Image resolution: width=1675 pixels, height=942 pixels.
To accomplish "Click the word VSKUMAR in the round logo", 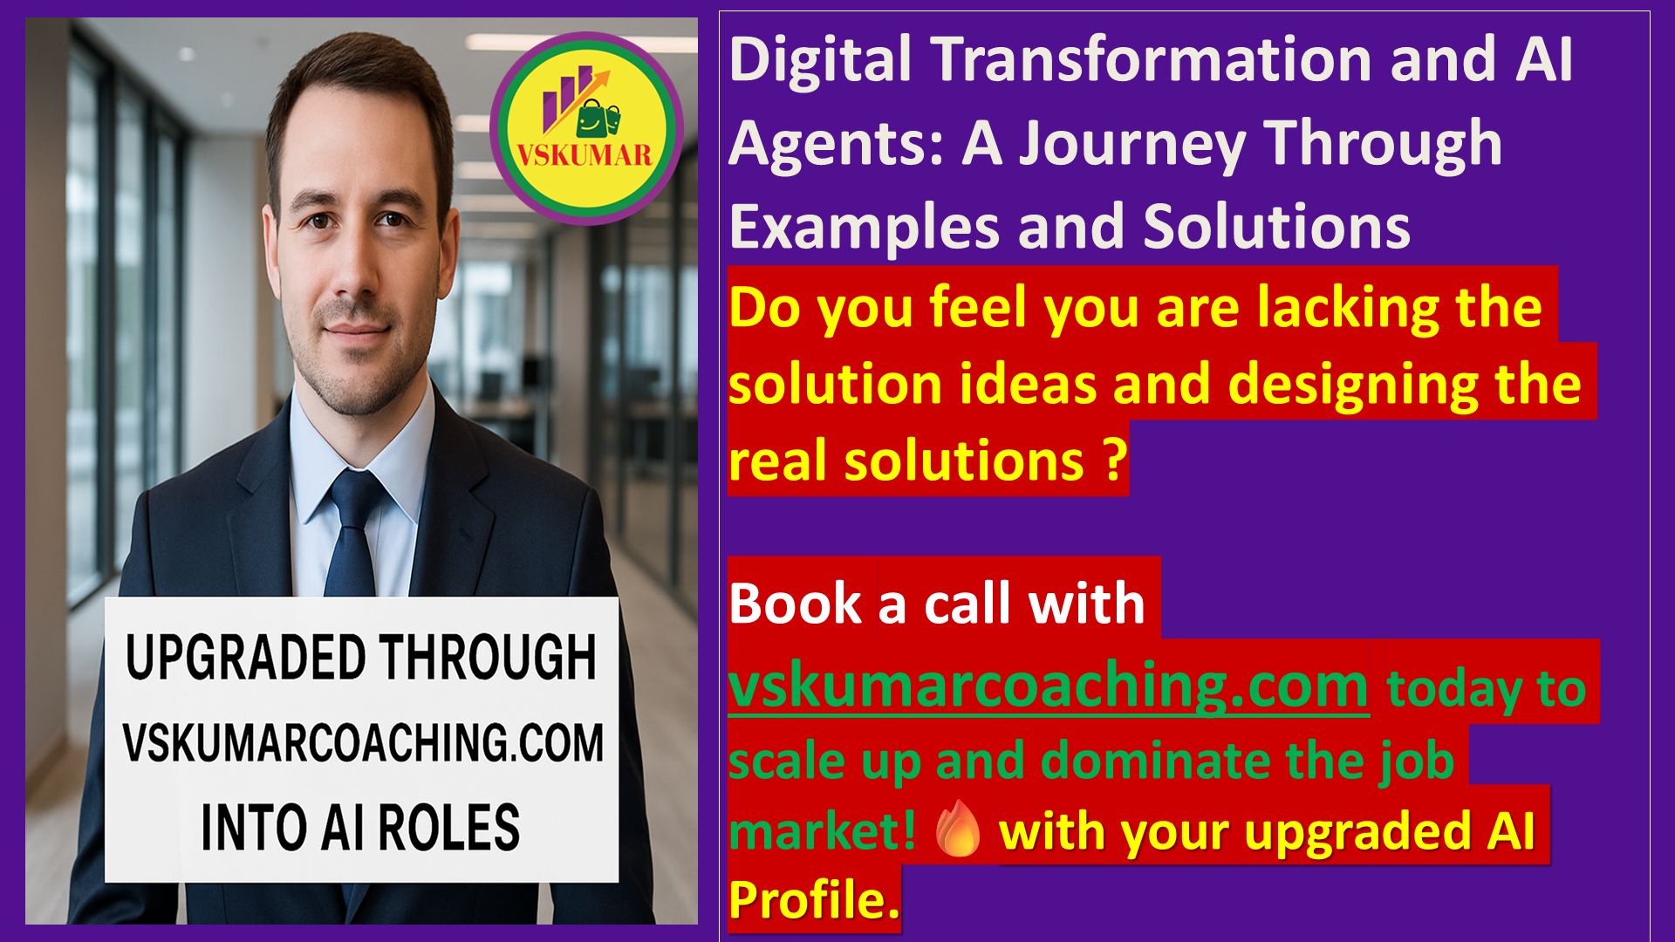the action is click(585, 155).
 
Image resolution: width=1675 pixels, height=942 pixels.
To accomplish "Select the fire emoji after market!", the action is click(958, 829).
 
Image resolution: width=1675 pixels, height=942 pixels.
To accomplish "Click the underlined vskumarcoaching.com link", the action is click(1049, 686).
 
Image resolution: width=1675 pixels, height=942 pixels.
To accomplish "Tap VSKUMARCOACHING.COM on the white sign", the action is click(363, 742).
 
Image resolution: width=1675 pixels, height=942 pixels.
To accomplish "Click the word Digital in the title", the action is click(820, 61).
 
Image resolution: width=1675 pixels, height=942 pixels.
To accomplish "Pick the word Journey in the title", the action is click(1133, 144).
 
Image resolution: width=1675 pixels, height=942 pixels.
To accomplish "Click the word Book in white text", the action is click(795, 603).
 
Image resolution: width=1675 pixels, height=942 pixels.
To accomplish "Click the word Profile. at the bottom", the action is click(814, 900).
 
